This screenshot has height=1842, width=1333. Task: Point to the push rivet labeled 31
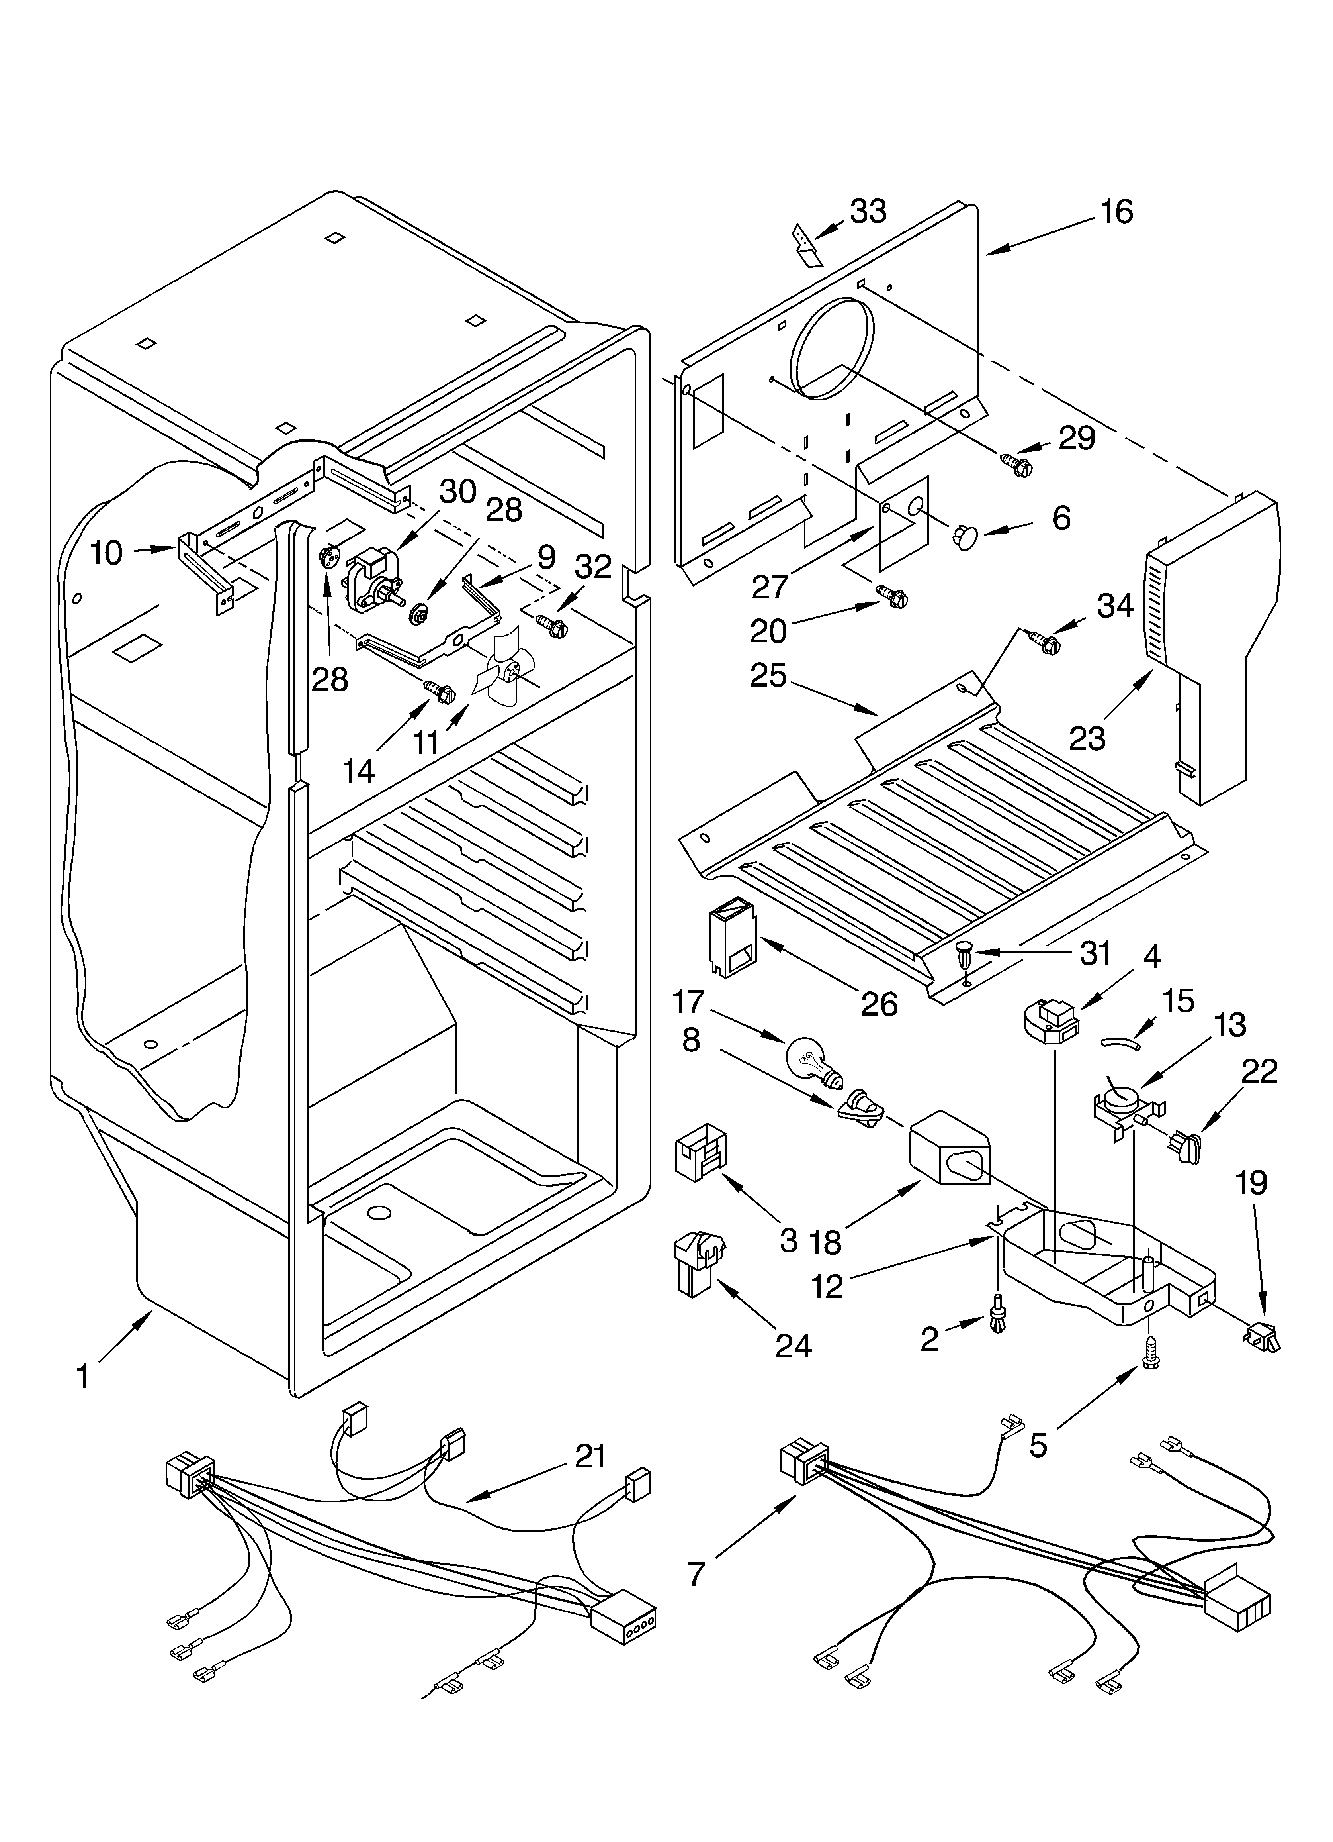(964, 953)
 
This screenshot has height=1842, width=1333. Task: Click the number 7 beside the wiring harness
(696, 1573)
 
